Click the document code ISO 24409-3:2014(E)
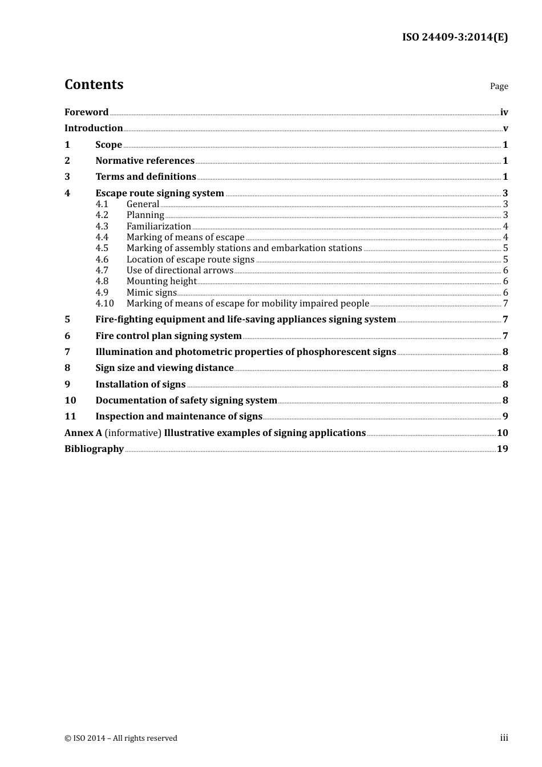click(x=455, y=37)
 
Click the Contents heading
click(x=94, y=84)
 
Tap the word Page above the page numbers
click(x=499, y=86)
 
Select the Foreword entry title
click(x=86, y=112)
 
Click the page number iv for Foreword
click(x=504, y=112)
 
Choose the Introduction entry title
click(x=94, y=128)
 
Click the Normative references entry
click(x=145, y=161)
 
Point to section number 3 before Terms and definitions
click(x=67, y=177)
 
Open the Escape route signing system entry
click(x=160, y=193)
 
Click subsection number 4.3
click(x=102, y=227)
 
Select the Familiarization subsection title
click(x=159, y=227)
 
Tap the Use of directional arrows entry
click(x=180, y=271)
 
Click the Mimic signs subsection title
click(x=152, y=293)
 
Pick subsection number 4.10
click(x=104, y=304)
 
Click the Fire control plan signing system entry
click(x=168, y=336)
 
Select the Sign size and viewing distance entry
click(x=164, y=368)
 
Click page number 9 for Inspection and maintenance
click(x=505, y=417)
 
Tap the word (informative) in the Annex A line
click(x=133, y=433)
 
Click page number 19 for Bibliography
click(x=502, y=449)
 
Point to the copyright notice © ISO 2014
click(x=121, y=738)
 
